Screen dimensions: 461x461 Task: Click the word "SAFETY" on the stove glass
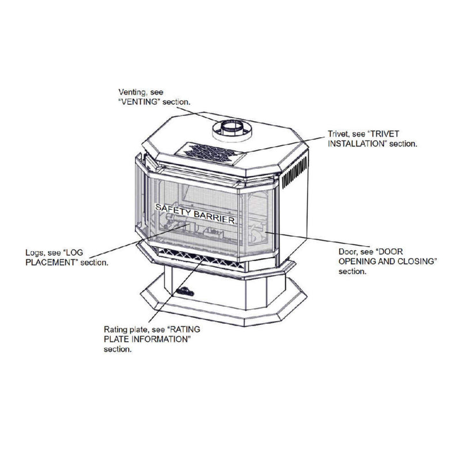(x=172, y=208)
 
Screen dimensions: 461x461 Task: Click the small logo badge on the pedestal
(x=186, y=292)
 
